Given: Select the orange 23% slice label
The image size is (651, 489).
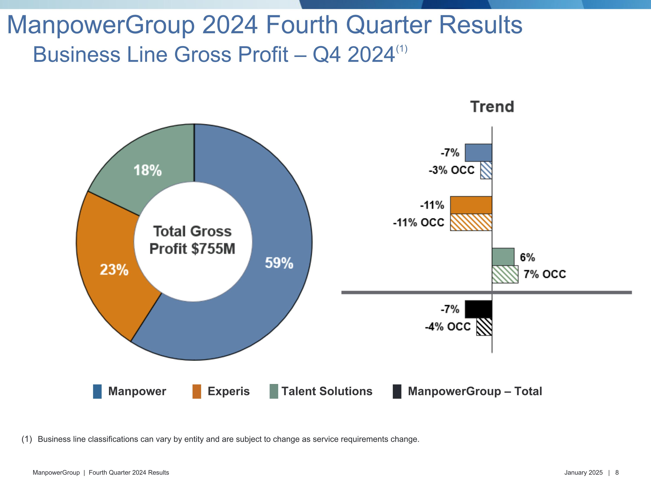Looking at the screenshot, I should [114, 269].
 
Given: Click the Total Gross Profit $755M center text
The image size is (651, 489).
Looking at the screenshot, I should [192, 240].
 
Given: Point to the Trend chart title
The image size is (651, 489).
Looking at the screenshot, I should [492, 106].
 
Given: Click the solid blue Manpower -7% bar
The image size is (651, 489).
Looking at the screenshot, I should [478, 153].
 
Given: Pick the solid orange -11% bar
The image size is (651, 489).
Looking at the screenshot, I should [471, 205].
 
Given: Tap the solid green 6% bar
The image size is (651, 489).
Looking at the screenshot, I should [503, 257].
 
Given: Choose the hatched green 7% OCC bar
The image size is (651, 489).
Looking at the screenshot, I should [505, 274].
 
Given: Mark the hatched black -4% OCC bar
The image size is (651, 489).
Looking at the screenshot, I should [484, 327].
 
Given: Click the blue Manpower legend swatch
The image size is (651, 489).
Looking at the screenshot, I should [97, 391].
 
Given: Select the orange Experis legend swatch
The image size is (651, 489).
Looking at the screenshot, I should [197, 391].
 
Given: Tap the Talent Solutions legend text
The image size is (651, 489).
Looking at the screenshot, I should [327, 391].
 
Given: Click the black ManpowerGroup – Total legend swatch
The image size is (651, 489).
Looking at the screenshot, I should [397, 391].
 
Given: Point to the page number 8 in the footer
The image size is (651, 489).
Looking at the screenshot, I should [617, 472].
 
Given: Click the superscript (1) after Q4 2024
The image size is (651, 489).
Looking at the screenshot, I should [402, 49].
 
